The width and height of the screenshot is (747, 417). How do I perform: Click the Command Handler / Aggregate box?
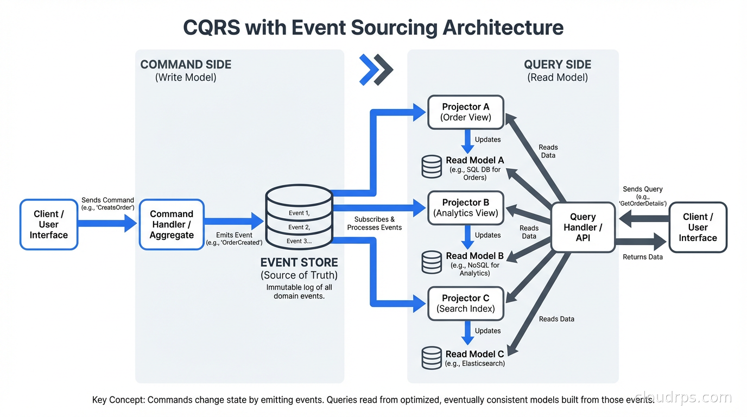coord(172,224)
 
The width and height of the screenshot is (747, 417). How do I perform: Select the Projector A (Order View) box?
coord(466,112)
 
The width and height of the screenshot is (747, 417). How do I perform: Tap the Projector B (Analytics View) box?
coord(466,208)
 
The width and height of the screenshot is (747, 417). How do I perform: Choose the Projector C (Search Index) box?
coord(466,304)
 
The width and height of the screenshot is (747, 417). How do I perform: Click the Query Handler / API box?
coord(583,227)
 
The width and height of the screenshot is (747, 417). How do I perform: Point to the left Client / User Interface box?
coord(49,224)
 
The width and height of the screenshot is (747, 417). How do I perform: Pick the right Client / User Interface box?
coord(698,227)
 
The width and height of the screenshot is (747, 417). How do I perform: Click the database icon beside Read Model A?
coord(432,167)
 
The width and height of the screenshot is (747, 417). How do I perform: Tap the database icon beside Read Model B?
coord(432,262)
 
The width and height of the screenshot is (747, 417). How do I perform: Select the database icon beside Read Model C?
coord(432,358)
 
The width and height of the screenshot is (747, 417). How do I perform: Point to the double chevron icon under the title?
coord(376,70)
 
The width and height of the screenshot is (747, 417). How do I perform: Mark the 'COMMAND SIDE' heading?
coord(186,65)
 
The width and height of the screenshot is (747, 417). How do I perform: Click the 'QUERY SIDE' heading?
coord(558,65)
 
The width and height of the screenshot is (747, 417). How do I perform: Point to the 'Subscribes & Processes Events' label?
coord(375,223)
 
